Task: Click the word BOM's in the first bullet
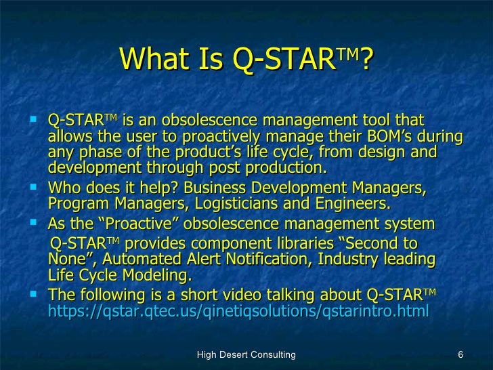399,136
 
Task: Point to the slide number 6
460,354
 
